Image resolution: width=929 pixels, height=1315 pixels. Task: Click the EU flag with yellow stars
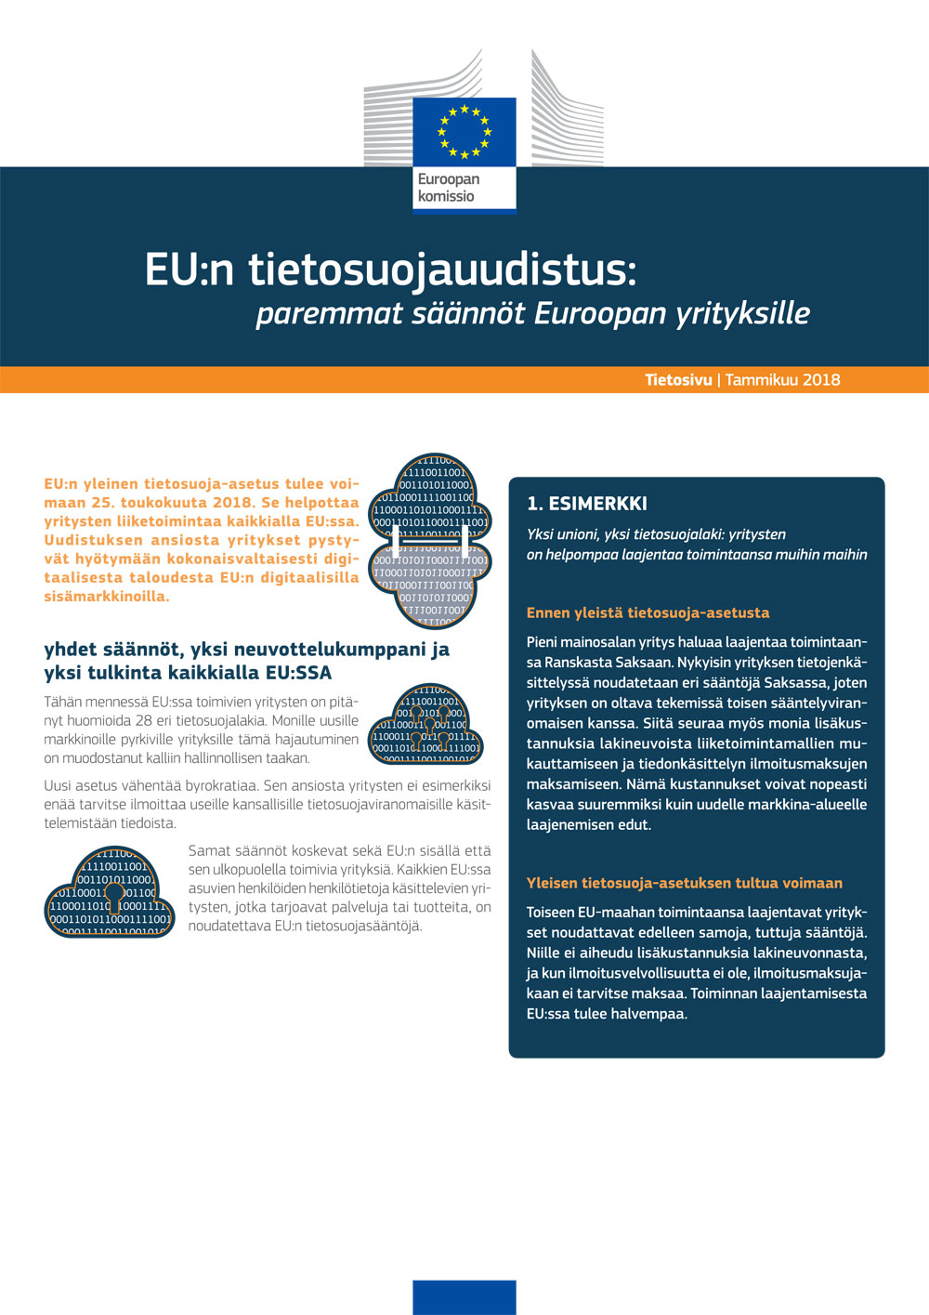pyautogui.click(x=464, y=132)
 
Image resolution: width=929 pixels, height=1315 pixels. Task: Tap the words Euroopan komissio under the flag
pyautogui.click(x=448, y=188)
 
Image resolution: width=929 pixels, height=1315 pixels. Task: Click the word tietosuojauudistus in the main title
pyautogui.click(x=442, y=270)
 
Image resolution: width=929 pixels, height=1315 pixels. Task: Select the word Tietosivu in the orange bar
pyautogui.click(x=678, y=379)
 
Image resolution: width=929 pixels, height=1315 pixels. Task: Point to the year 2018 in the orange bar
pyautogui.click(x=821, y=379)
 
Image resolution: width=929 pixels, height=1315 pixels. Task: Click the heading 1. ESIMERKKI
pyautogui.click(x=586, y=504)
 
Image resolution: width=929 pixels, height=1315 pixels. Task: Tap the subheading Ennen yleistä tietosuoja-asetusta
pyautogui.click(x=648, y=612)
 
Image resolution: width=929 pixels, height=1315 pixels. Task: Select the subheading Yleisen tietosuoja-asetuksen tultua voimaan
pyautogui.click(x=684, y=883)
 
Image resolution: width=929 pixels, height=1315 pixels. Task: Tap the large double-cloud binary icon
pyautogui.click(x=429, y=540)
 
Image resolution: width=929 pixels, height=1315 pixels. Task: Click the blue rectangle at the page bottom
pyautogui.click(x=464, y=1296)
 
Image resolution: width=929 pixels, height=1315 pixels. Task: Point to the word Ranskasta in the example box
pyautogui.click(x=580, y=662)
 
